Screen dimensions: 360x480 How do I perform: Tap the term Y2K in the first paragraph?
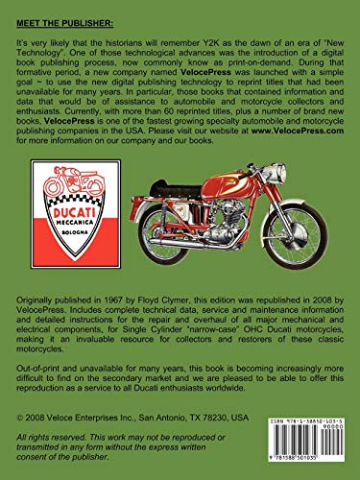point(206,44)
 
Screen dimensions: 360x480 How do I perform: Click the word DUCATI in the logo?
point(62,217)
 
